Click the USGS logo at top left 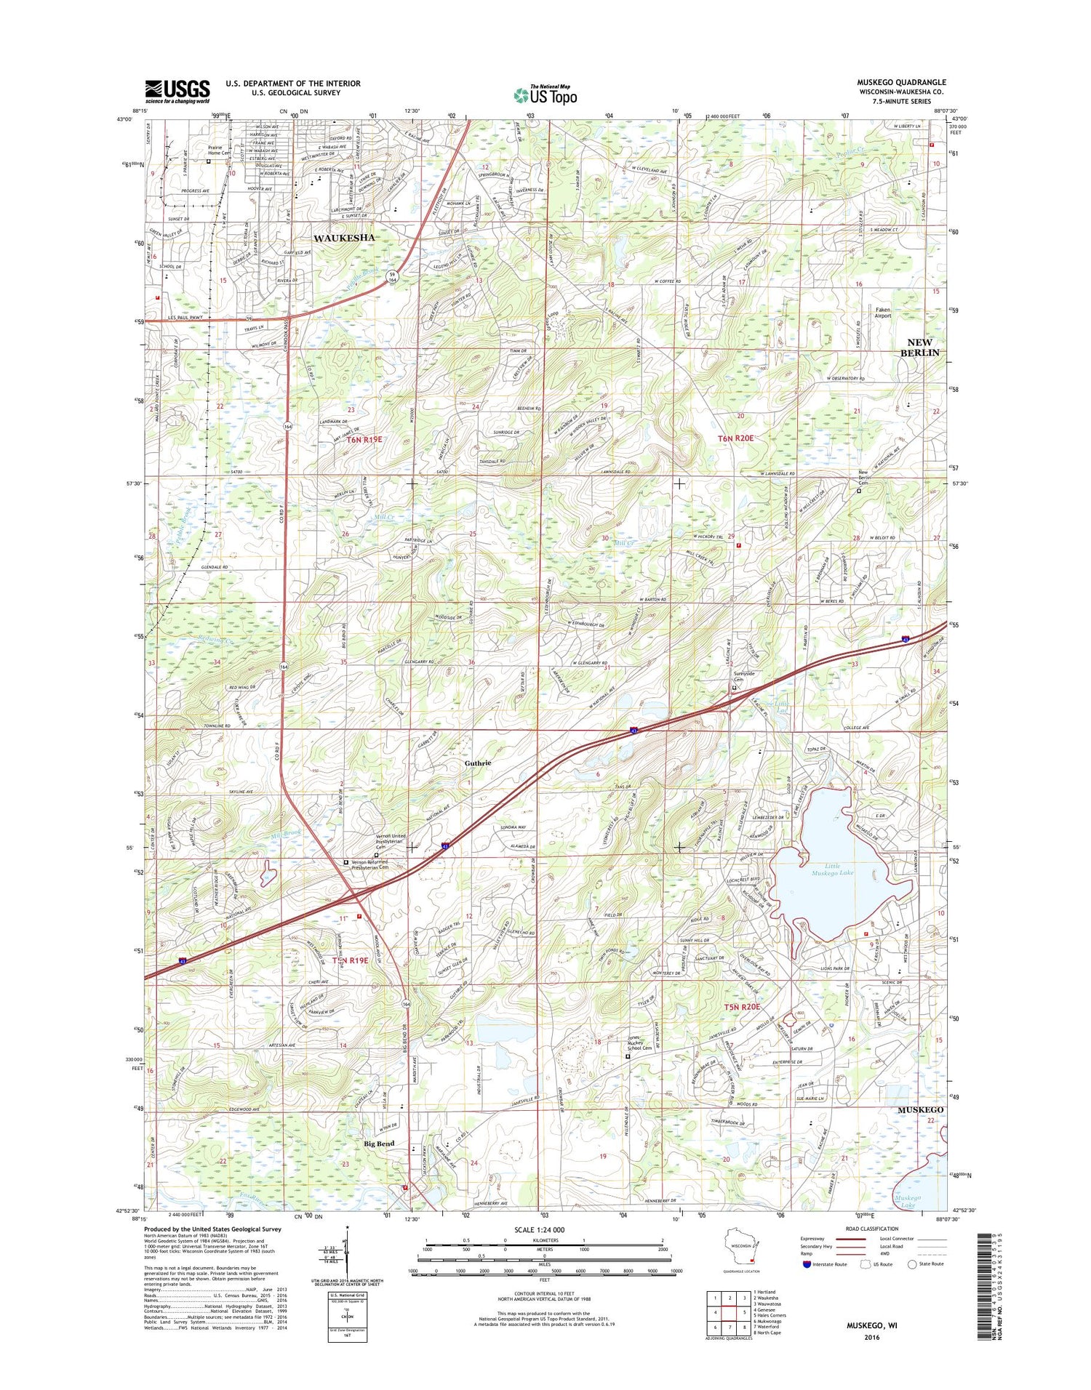pyautogui.click(x=177, y=90)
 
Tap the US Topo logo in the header pyautogui.click(x=545, y=95)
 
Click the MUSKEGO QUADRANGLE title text pyautogui.click(x=901, y=83)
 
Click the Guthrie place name pyautogui.click(x=478, y=763)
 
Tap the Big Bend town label pyautogui.click(x=379, y=1144)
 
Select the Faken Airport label pyautogui.click(x=882, y=313)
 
